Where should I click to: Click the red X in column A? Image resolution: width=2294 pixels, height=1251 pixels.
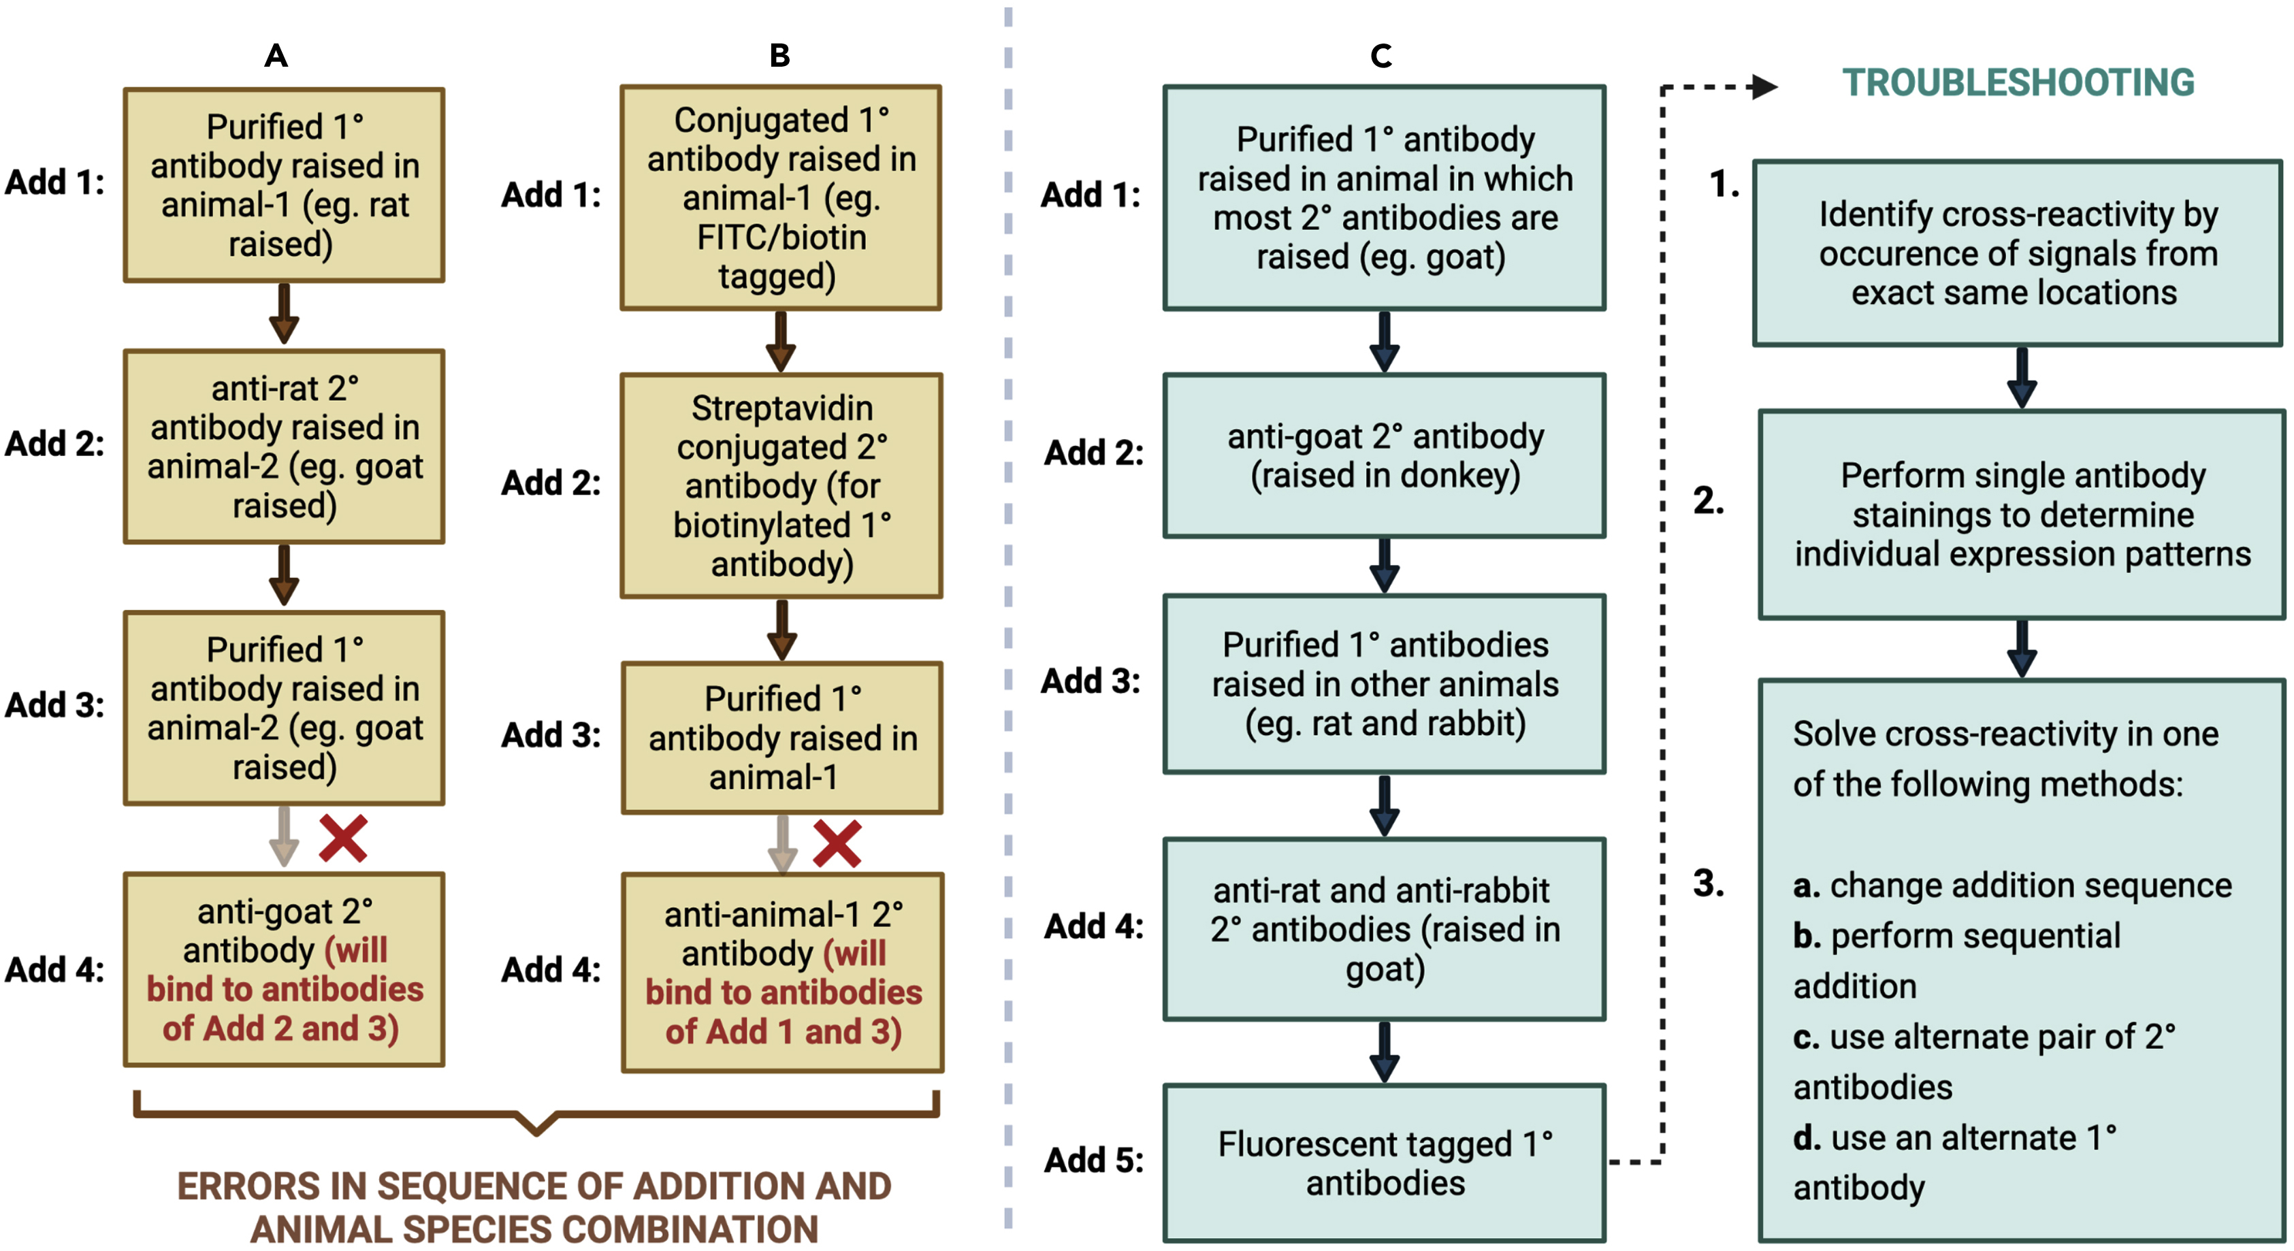(x=343, y=838)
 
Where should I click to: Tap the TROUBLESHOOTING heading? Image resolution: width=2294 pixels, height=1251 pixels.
(x=2017, y=83)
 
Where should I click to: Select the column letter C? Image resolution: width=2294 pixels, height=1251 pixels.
(x=1380, y=56)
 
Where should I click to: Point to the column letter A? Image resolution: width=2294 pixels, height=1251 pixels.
(x=276, y=56)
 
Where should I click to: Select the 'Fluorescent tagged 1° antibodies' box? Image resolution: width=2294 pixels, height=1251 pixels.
(x=1384, y=1162)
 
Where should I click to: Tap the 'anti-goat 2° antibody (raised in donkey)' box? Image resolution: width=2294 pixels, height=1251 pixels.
(x=1384, y=455)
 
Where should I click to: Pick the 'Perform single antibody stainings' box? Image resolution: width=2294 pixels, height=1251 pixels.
(x=2022, y=514)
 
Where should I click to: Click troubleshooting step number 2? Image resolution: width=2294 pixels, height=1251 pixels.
(x=1708, y=500)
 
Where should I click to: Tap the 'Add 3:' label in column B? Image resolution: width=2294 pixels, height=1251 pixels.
(x=550, y=736)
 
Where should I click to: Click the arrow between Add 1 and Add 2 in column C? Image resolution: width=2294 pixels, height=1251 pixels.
(x=1384, y=341)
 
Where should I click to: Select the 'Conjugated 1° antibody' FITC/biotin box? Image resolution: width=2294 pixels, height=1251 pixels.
(x=780, y=197)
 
